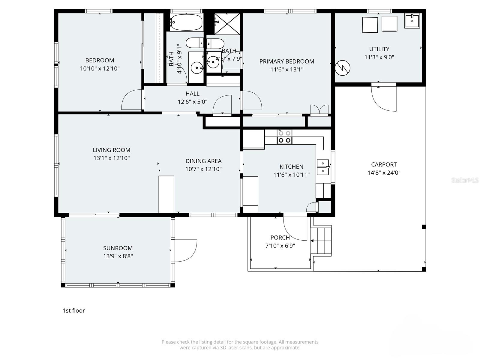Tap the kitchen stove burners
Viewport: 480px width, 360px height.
(x=284, y=137)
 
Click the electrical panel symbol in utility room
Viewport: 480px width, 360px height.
(x=342, y=68)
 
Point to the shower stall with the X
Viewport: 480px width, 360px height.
(x=227, y=24)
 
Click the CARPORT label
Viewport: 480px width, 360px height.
(x=384, y=164)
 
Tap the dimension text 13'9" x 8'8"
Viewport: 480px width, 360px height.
(x=118, y=256)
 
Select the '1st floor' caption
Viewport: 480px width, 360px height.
(x=73, y=310)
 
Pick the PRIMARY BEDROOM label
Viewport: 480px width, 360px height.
(x=286, y=61)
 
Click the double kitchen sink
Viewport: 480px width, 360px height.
(x=323, y=167)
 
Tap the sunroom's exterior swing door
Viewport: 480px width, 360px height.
(x=185, y=250)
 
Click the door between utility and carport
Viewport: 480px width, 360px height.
(x=383, y=98)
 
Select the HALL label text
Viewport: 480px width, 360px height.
(x=192, y=94)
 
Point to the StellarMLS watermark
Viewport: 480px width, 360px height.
(x=465, y=180)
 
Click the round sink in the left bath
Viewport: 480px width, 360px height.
(x=197, y=68)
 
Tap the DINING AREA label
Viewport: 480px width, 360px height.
(x=203, y=161)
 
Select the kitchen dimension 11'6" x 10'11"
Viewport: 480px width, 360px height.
(x=291, y=175)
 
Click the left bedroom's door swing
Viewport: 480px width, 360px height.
(x=131, y=100)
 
